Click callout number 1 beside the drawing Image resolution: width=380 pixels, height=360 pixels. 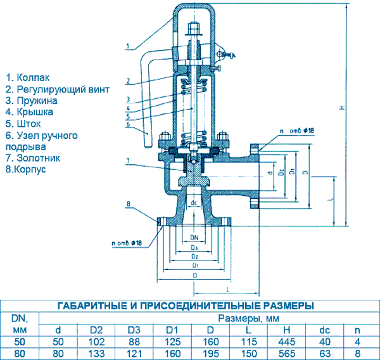(x=129, y=46)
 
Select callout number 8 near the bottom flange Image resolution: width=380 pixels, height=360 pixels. (x=129, y=203)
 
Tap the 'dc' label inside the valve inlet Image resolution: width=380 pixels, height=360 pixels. (x=195, y=203)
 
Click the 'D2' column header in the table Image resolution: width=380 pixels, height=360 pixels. (x=96, y=330)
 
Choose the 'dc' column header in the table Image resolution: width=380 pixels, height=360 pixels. (x=325, y=330)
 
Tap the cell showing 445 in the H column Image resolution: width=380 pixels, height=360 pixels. (x=287, y=342)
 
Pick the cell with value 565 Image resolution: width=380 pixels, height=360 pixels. (x=287, y=354)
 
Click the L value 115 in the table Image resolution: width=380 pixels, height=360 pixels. (x=248, y=342)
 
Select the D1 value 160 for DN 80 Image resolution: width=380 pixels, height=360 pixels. (x=172, y=354)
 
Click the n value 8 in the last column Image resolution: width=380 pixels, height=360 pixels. (x=358, y=354)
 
